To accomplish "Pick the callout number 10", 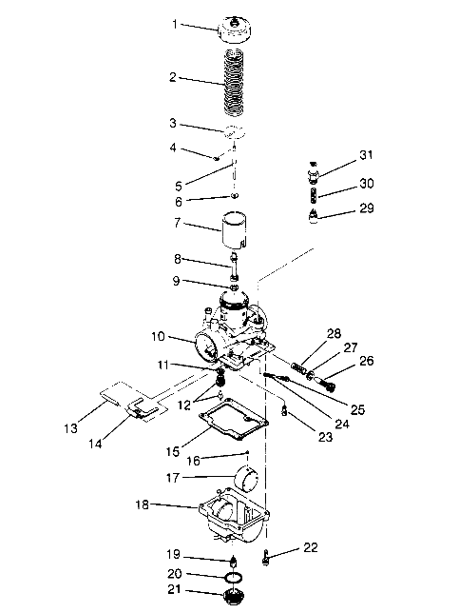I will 158,335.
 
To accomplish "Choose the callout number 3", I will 174,124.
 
